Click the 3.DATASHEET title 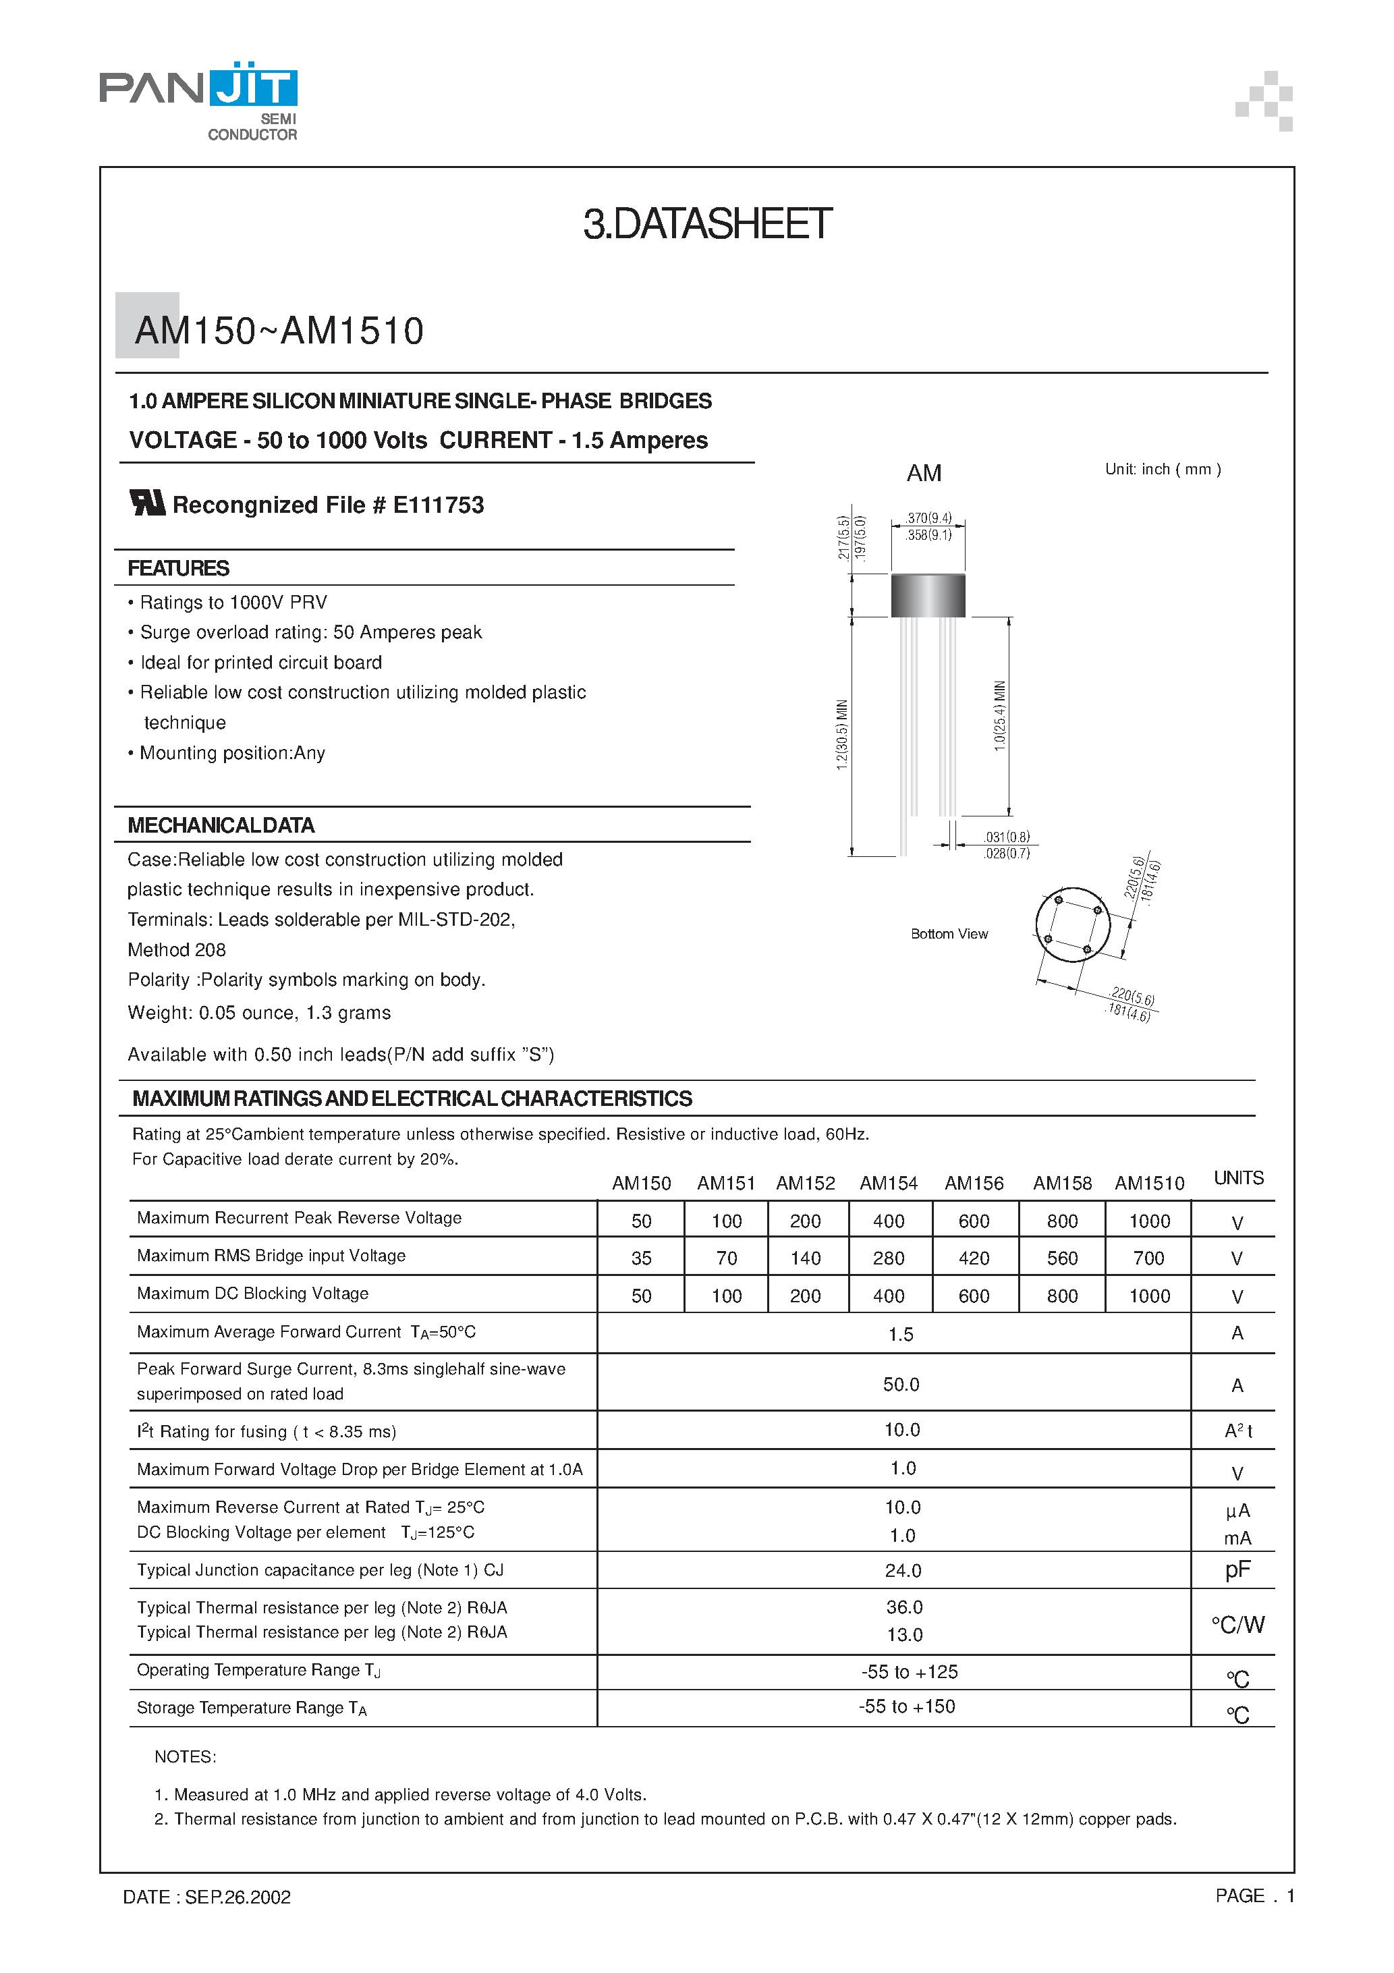point(706,224)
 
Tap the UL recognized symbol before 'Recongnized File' point(147,503)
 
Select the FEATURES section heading point(178,569)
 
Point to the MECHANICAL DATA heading point(221,826)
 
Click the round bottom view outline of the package point(1073,926)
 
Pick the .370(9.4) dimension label point(928,518)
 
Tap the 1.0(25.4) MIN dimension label point(999,716)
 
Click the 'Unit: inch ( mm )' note point(1162,469)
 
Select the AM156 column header point(974,1184)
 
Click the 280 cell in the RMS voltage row point(889,1258)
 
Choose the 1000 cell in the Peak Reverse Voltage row point(1149,1221)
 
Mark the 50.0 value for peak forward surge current point(901,1385)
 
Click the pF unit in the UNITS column point(1237,1570)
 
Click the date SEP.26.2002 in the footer point(238,1897)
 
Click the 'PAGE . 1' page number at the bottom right point(1254,1895)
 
